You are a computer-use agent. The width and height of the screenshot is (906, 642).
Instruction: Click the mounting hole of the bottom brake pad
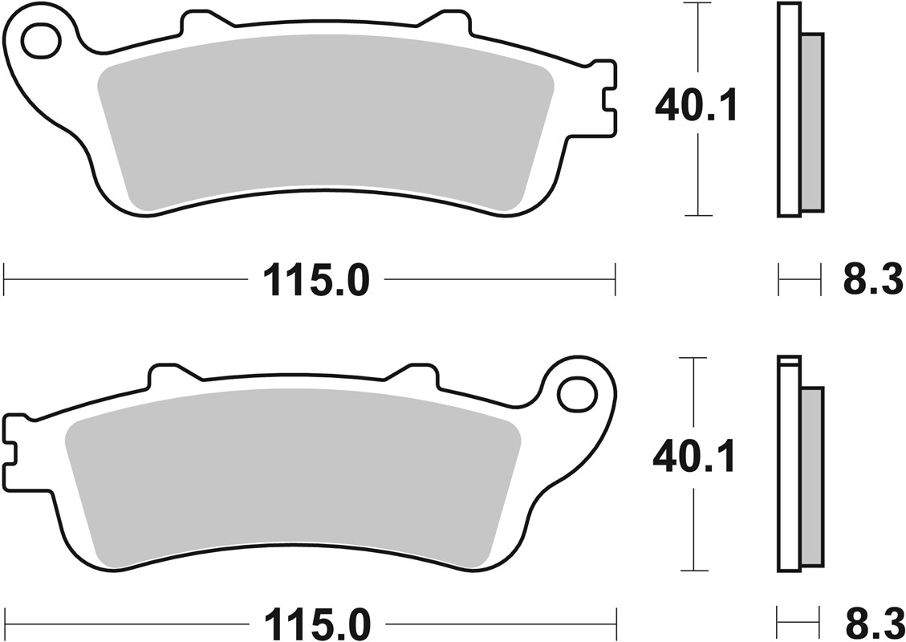pyautogui.click(x=576, y=394)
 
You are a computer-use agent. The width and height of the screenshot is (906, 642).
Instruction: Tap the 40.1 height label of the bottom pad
pyautogui.click(x=693, y=458)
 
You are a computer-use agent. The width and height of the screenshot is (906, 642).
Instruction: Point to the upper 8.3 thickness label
pyautogui.click(x=873, y=282)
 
